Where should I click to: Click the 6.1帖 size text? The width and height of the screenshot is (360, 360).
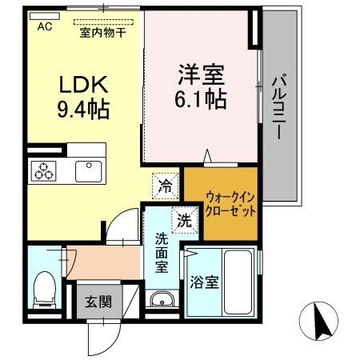(x=201, y=99)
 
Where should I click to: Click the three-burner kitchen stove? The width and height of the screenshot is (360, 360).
(x=42, y=170)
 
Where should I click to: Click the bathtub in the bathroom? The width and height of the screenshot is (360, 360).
(x=237, y=282)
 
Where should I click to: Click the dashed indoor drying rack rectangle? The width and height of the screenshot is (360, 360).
(x=102, y=22)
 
